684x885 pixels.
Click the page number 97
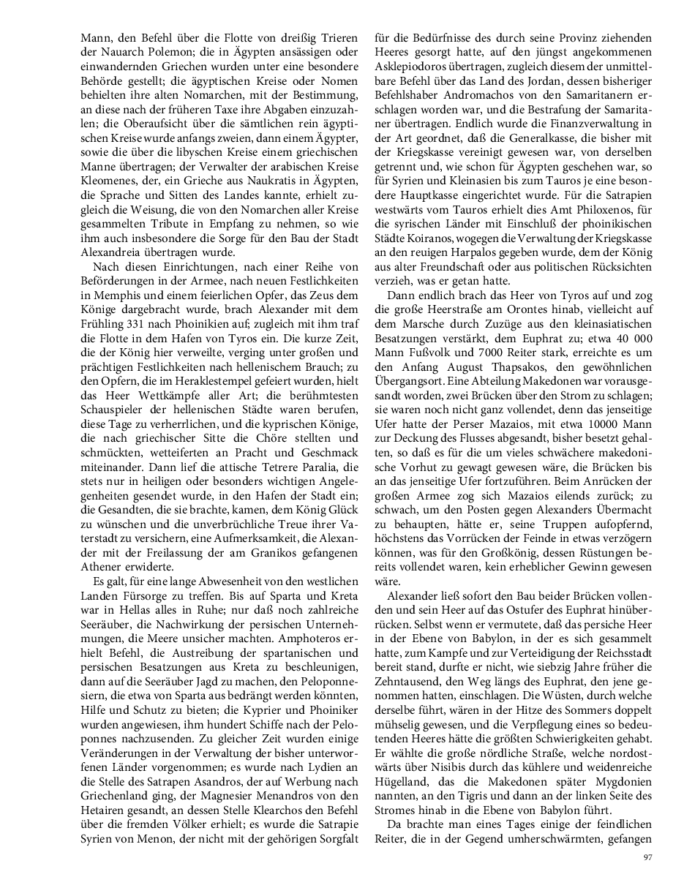tap(647, 857)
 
